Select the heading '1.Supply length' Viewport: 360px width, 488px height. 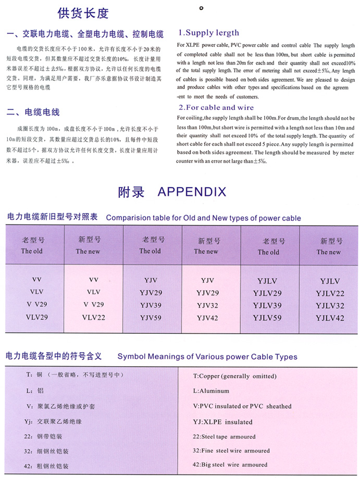209,33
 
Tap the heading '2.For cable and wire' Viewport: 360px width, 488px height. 216,108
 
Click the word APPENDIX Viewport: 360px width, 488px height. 192,192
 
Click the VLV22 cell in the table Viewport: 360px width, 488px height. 94,317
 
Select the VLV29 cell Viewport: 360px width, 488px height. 32,317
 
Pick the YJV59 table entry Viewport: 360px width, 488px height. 152,317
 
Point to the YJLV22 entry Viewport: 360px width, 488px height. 330,293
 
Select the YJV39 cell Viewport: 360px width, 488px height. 152,305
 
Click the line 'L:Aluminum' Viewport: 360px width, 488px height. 211,391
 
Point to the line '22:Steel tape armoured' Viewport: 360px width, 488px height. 224,436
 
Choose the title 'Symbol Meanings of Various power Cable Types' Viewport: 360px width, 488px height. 207,357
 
